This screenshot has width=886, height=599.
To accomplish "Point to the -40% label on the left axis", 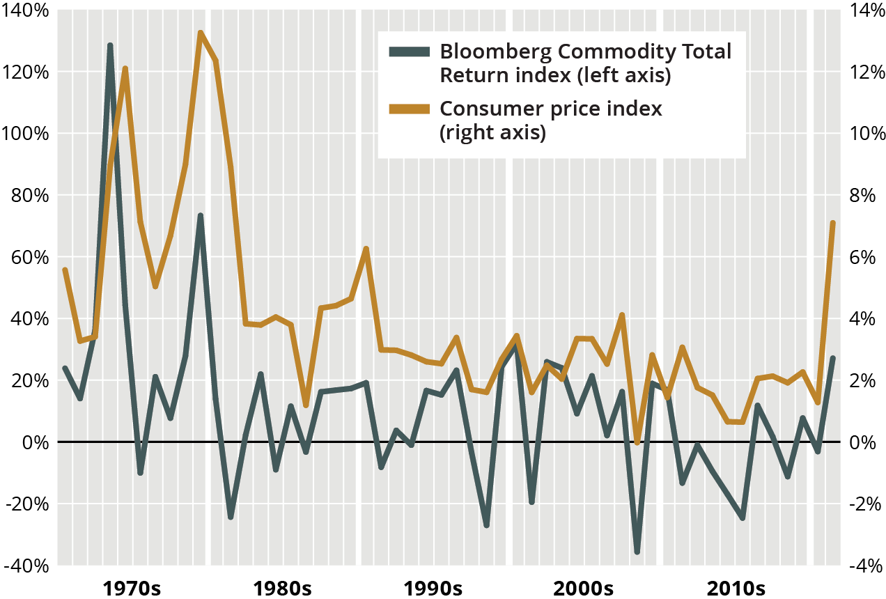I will point(24,566).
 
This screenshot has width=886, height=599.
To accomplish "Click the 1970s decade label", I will point(132,588).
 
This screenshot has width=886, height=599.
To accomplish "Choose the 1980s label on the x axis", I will point(282,588).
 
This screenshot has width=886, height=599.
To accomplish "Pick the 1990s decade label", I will point(433,588).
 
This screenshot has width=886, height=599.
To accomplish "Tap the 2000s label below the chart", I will point(583,588).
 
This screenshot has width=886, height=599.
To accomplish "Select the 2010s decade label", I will point(736,588).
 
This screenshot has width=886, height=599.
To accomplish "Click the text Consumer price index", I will point(550,109).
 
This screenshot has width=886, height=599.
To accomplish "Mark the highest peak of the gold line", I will point(200,33).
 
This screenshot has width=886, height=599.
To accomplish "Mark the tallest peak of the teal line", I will point(110,45).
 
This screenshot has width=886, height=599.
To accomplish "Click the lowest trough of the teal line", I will point(637,552).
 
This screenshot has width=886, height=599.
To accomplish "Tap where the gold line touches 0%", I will point(637,442).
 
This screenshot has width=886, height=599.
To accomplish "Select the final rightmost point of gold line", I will point(832,223).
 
